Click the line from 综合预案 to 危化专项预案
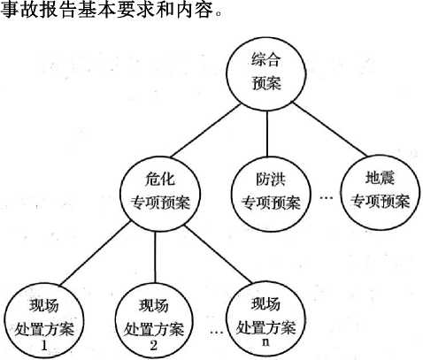click(x=205, y=131)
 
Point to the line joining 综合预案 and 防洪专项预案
click(x=267, y=134)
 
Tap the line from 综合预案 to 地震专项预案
click(x=330, y=129)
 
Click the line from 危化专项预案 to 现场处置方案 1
click(x=95, y=254)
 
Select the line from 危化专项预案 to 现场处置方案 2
click(x=155, y=258)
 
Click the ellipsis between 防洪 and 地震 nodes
click(x=326, y=198)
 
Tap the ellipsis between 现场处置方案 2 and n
click(x=217, y=333)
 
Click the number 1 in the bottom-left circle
click(x=44, y=345)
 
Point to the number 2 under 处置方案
click(x=154, y=345)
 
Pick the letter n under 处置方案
click(x=265, y=342)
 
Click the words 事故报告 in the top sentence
click(x=39, y=10)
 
